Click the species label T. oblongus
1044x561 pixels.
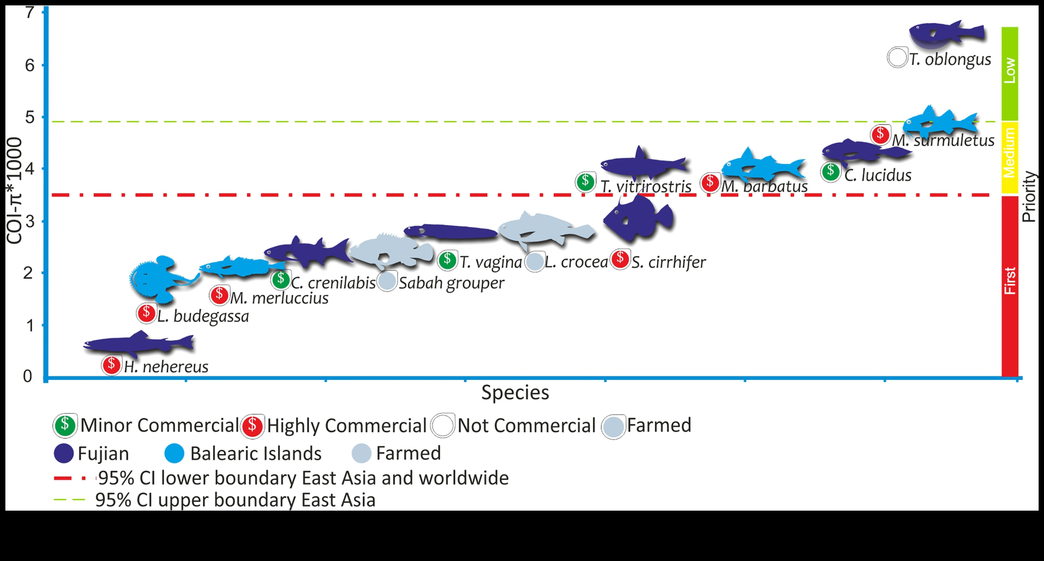click(950, 60)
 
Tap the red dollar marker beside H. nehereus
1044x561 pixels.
click(111, 365)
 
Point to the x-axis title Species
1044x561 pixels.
click(515, 393)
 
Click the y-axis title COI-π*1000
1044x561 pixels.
click(15, 191)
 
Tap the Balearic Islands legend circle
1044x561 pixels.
click(174, 453)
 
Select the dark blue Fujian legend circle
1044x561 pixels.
click(64, 453)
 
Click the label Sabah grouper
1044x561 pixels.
click(451, 283)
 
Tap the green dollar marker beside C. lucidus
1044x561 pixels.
click(830, 172)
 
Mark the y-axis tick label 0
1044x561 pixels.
click(27, 377)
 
